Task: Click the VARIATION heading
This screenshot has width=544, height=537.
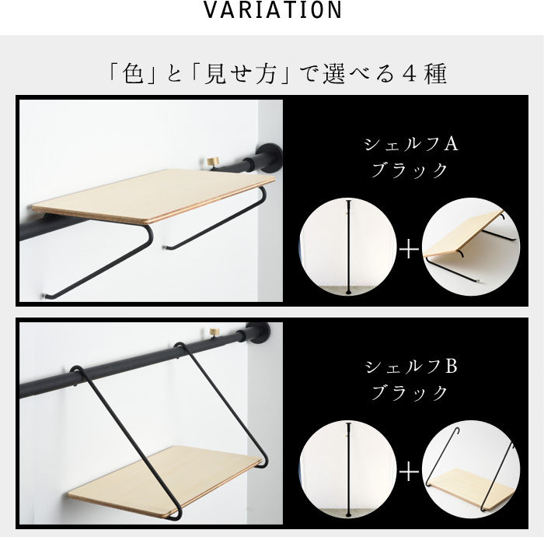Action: [x=272, y=10]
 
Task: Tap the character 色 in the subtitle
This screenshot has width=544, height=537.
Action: [x=134, y=74]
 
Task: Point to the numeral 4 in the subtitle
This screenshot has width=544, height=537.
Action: [x=411, y=74]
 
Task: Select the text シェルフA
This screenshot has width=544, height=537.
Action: [x=411, y=144]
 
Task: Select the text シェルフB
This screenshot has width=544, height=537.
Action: [x=411, y=367]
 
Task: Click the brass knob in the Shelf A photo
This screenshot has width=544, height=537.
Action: [x=213, y=162]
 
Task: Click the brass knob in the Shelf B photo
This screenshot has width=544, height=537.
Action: [x=214, y=332]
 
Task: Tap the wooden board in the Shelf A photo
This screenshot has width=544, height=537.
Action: [x=153, y=195]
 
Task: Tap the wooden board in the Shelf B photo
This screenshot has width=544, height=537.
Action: [x=165, y=481]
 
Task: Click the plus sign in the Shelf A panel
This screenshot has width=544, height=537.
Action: [x=410, y=249]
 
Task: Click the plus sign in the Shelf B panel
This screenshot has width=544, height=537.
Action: [x=410, y=472]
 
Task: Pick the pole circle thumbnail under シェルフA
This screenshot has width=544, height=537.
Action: [x=348, y=247]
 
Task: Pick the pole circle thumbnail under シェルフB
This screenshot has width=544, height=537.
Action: [x=348, y=469]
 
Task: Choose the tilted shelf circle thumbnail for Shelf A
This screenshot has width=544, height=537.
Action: [x=471, y=247]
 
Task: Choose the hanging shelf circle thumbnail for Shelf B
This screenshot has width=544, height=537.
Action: [x=471, y=469]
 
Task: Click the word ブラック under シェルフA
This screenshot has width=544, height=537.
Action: [x=410, y=170]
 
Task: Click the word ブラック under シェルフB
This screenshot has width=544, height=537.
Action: [x=410, y=392]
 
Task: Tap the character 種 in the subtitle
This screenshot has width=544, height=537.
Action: [x=436, y=74]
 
